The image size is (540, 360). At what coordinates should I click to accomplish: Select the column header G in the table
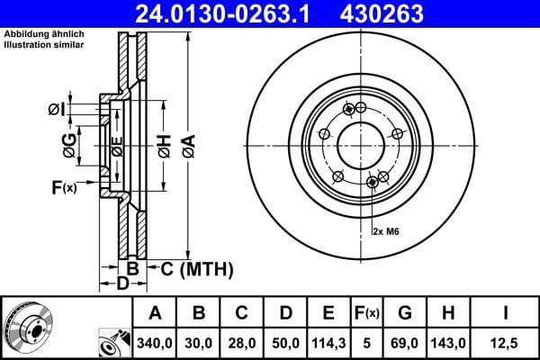(404, 313)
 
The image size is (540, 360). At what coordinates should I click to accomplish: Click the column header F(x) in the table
(366, 313)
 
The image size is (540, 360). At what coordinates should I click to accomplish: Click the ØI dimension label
(56, 110)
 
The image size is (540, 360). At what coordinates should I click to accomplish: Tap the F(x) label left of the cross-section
(63, 187)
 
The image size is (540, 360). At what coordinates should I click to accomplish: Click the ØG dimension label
(67, 144)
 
